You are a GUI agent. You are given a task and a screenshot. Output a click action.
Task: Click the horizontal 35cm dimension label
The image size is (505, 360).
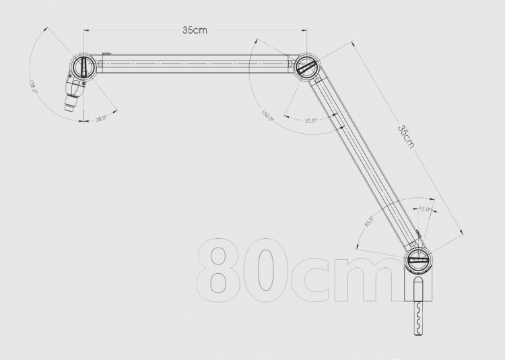pyautogui.click(x=195, y=30)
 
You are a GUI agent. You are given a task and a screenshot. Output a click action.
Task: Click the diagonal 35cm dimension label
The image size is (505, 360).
pyautogui.click(x=406, y=137)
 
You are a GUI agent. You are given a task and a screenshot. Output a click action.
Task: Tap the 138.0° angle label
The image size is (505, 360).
pyautogui.click(x=34, y=87)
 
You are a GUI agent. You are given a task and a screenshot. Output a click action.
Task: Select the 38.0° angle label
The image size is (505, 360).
pyautogui.click(x=102, y=118)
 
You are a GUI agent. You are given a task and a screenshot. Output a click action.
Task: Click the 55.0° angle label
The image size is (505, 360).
pyautogui.click(x=311, y=120)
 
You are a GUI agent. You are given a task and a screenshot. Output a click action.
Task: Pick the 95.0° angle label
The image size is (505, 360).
pyautogui.click(x=369, y=221)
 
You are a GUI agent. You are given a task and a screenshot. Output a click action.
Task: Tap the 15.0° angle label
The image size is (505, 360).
pyautogui.click(x=425, y=209)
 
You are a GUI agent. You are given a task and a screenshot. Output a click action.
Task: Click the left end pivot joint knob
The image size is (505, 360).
pyautogui.click(x=83, y=66)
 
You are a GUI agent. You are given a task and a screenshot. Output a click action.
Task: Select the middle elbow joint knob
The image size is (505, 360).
pyautogui.click(x=306, y=67)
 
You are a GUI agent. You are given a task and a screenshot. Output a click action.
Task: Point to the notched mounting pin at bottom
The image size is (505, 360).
pyautogui.click(x=418, y=318)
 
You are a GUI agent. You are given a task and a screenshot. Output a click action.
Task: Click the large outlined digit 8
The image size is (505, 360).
pyautogui.click(x=218, y=271)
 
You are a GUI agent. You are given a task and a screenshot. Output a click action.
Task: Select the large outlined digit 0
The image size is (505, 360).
pyautogui.click(x=266, y=271)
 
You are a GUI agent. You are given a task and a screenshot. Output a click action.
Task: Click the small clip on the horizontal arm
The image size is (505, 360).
pyautogui.click(x=107, y=54)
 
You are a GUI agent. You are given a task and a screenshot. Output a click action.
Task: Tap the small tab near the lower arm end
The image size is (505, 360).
pyautogui.click(x=418, y=234)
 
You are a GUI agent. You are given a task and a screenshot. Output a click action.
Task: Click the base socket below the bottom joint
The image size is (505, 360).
pyautogui.click(x=418, y=287)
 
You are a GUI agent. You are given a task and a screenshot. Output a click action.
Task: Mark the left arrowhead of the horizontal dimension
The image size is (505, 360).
pyautogui.click(x=86, y=30)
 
